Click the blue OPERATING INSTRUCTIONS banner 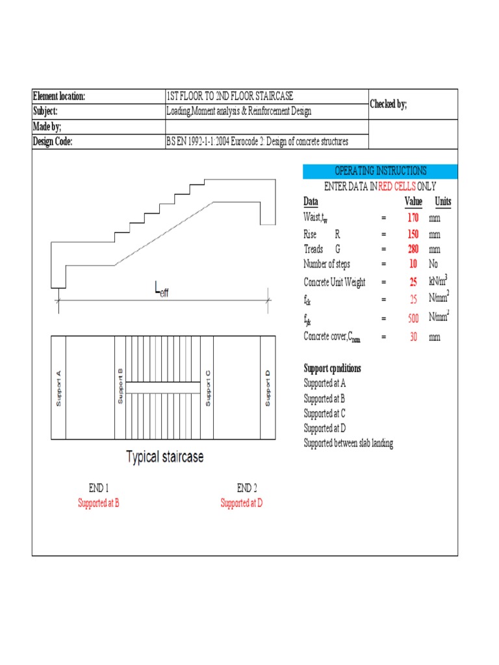[x=380, y=171]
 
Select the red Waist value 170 [x=413, y=218]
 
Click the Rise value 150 [x=413, y=234]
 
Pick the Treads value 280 [x=413, y=249]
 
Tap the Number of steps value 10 [x=413, y=264]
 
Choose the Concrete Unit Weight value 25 [x=413, y=282]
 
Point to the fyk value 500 [x=413, y=318]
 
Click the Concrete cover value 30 [x=413, y=336]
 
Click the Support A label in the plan [x=58, y=388]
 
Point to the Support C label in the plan [x=208, y=388]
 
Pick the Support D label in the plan [x=267, y=388]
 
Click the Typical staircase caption [x=164, y=457]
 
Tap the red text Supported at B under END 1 [x=99, y=503]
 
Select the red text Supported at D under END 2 [x=242, y=503]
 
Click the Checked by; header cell [x=389, y=104]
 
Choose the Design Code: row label [x=53, y=142]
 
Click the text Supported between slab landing [x=348, y=444]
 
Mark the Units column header [x=442, y=201]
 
